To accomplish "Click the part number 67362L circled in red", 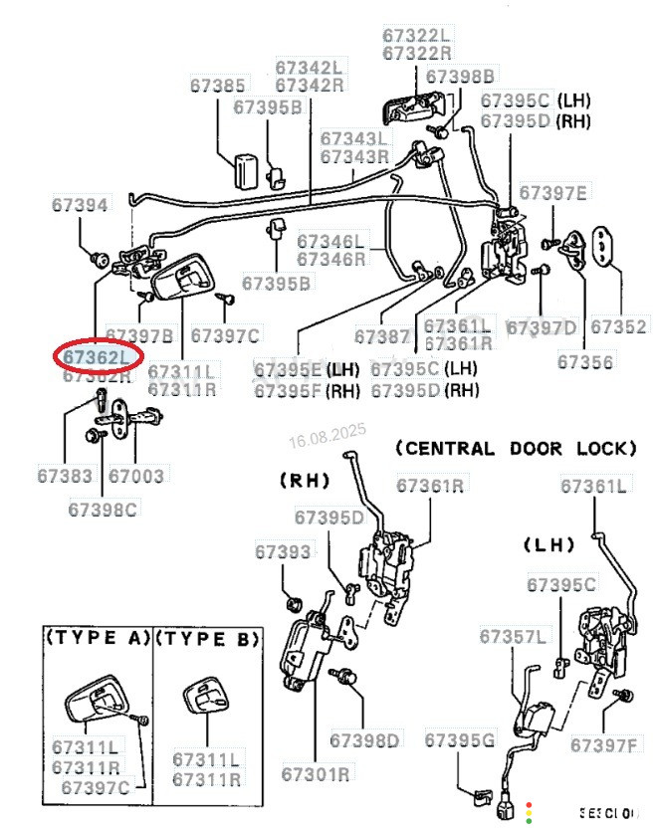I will click(97, 356).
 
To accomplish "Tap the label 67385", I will click(217, 86).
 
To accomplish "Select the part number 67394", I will click(80, 204).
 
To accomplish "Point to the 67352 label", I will click(618, 326).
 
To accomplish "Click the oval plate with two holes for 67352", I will click(605, 247).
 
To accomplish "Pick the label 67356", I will click(585, 362).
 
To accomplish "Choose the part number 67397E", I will click(553, 192).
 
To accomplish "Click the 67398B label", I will click(460, 76).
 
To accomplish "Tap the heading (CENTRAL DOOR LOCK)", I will click(516, 448).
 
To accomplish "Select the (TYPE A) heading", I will click(97, 638).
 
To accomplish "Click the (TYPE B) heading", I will click(208, 638).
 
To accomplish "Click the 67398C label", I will click(103, 510).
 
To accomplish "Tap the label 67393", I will click(284, 551).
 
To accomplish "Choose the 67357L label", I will click(513, 636).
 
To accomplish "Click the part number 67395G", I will click(459, 740).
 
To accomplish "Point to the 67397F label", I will click(604, 743).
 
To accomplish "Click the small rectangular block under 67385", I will click(244, 170).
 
